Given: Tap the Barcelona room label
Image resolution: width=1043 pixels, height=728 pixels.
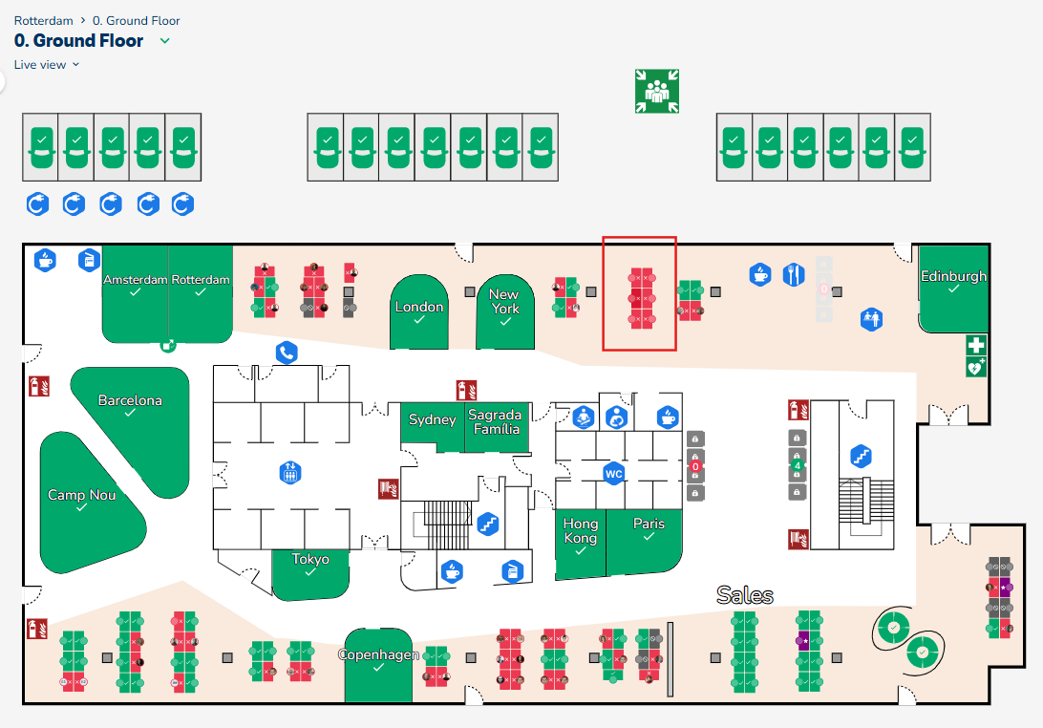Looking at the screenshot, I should point(130,401).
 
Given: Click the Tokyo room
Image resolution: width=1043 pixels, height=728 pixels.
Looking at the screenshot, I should point(310,565).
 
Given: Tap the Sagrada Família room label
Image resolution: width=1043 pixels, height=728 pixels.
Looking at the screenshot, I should point(497,422).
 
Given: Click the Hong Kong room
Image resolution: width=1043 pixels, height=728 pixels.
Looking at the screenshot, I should point(580,536).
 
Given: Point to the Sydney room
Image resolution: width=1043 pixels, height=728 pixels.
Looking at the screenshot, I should point(432,424).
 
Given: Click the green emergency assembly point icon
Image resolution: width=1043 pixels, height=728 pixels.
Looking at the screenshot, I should point(656,91).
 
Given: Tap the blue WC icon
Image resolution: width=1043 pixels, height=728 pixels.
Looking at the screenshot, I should point(613,473).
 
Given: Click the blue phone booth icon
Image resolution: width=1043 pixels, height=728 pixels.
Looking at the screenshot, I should point(287,353).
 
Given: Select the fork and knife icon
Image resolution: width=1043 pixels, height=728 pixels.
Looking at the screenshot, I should point(794,275).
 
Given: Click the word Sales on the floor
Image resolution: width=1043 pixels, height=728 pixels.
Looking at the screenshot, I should point(744,595).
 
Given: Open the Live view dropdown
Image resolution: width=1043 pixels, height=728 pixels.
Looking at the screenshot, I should point(47,64).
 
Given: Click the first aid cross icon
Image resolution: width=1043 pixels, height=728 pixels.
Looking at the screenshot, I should point(975,345).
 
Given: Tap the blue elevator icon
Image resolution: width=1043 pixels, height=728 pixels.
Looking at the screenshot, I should point(289,471).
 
